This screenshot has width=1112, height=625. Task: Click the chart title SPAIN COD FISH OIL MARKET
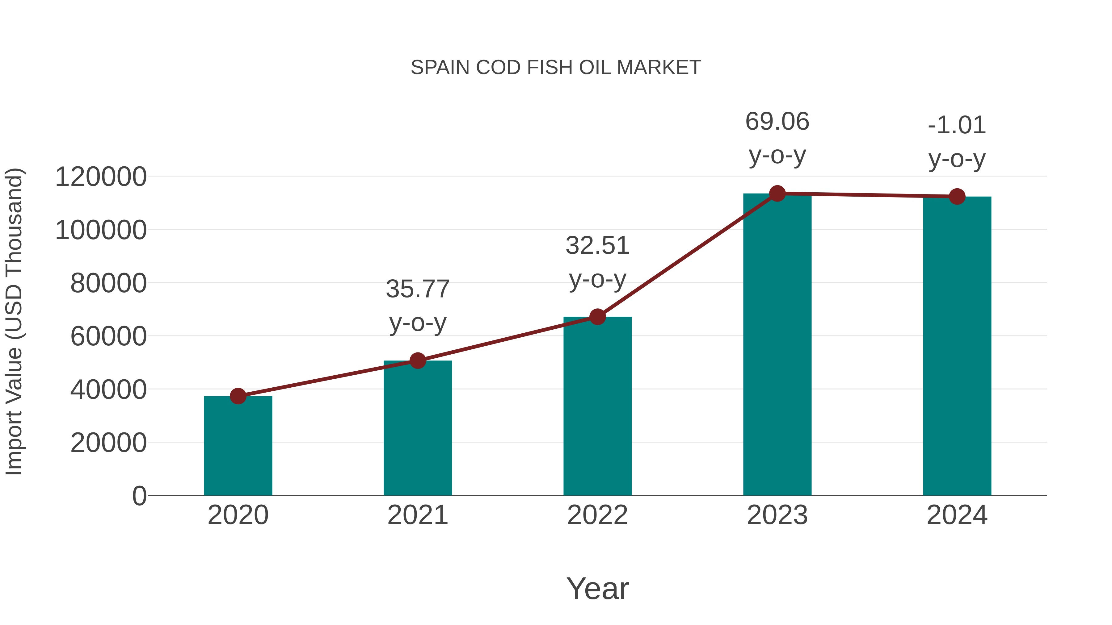click(x=556, y=68)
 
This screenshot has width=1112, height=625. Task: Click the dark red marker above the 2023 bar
click(x=777, y=194)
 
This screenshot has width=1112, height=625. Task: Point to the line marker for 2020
click(x=238, y=396)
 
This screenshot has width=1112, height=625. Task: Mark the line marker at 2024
click(x=957, y=197)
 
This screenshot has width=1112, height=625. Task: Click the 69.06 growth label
click(x=777, y=122)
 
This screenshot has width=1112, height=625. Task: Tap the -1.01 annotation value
click(x=957, y=126)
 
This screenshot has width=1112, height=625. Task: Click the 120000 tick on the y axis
click(x=101, y=177)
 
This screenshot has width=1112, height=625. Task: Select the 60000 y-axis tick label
click(x=108, y=336)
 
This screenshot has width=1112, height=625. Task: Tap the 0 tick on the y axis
click(x=139, y=496)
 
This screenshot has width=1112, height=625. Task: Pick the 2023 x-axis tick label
click(x=777, y=515)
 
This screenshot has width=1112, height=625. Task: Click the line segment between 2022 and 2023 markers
click(x=687, y=255)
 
